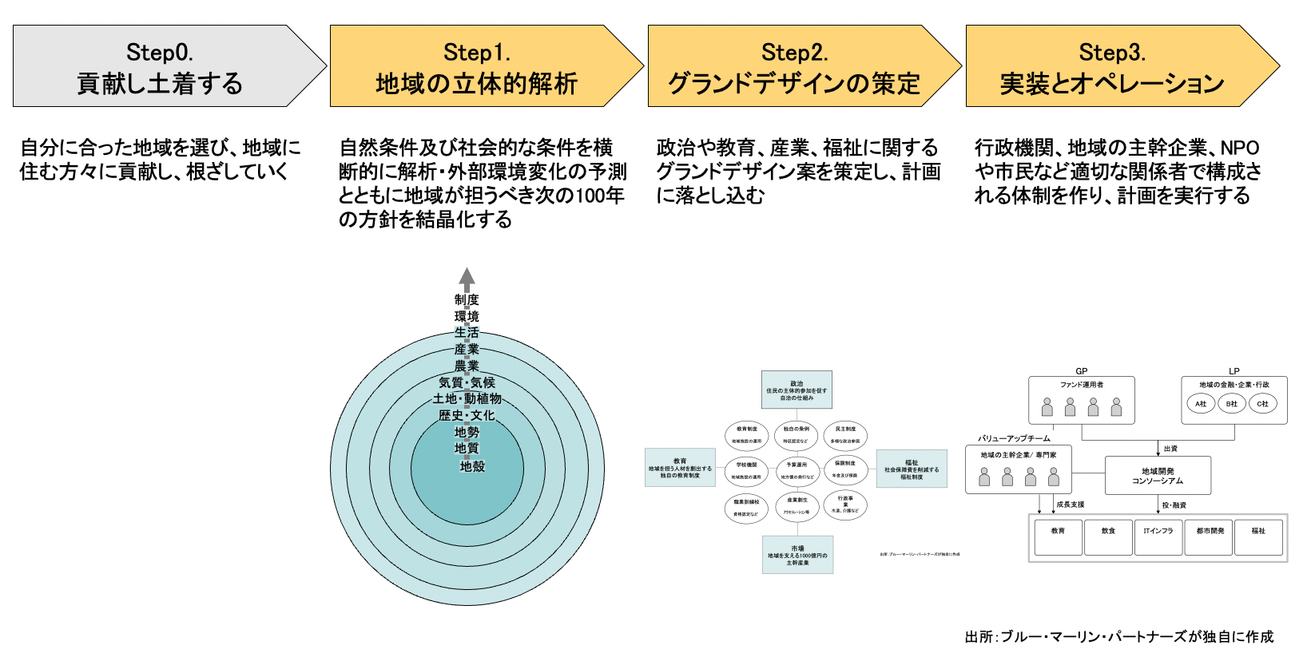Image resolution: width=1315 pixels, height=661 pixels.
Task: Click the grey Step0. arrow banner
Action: pos(160,66)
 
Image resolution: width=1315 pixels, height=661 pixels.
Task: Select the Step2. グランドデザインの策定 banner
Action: pos(794,66)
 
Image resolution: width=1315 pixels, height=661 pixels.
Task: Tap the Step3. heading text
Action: pos(1111,53)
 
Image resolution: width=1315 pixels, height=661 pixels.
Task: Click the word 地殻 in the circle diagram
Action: pos(472,466)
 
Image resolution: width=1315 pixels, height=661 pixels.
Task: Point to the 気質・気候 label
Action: pos(467,382)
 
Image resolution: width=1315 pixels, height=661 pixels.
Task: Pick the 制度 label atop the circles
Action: pos(467,299)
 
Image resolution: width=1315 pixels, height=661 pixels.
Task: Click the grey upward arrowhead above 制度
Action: pos(467,277)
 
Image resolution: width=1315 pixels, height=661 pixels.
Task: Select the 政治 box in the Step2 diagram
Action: pos(797,390)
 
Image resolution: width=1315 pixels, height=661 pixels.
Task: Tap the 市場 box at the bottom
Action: pos(797,555)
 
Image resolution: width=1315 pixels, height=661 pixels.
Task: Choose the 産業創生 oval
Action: pos(797,505)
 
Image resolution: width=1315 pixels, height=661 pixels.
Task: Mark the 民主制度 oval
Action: pos(845,434)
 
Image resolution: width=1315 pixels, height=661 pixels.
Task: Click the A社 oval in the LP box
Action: pos(1201,404)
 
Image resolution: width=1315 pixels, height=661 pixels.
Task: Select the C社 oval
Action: pos(1262,404)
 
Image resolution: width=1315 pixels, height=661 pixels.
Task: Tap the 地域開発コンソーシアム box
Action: pos(1158,476)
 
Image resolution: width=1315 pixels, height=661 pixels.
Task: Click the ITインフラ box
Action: pos(1158,537)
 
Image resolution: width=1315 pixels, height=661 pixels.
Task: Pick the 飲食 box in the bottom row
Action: pos(1108,537)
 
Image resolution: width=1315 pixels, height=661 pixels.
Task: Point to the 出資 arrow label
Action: pos(1170,449)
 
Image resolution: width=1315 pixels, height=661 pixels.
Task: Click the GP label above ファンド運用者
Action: pos(1081,371)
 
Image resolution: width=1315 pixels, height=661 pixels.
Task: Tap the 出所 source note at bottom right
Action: pos(1118,636)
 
